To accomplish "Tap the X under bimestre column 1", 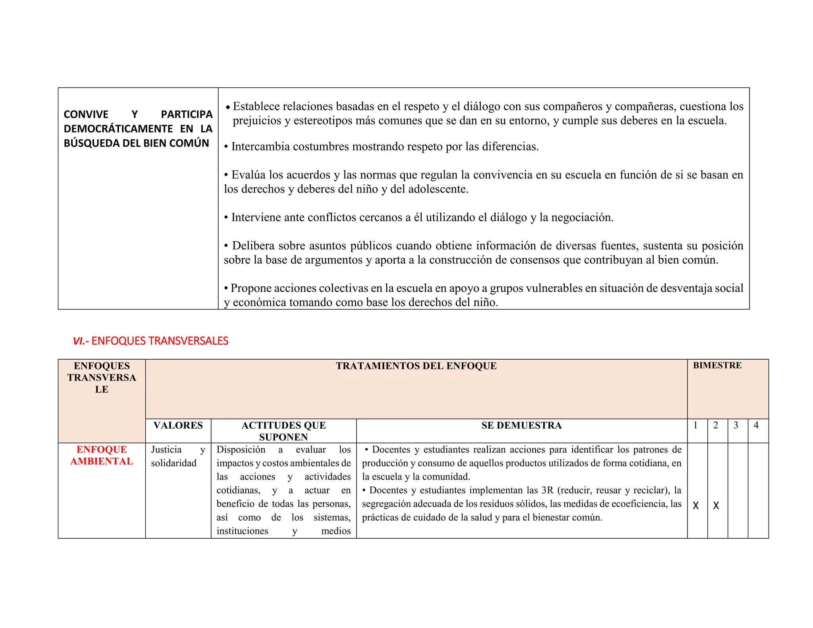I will point(695,505).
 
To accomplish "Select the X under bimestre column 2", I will point(716,505).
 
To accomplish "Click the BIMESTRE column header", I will point(717,365).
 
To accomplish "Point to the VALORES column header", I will point(178,425).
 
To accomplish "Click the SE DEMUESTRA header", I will point(521,425).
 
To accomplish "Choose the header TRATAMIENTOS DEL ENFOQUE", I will point(416,366).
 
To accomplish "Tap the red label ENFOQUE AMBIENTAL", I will point(102,455).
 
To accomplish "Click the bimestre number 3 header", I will point(736,425).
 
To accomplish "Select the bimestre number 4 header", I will point(756,425).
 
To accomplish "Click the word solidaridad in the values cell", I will point(173,463).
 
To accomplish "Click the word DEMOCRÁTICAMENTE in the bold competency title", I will point(118,129).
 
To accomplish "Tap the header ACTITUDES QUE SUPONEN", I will point(283,431).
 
